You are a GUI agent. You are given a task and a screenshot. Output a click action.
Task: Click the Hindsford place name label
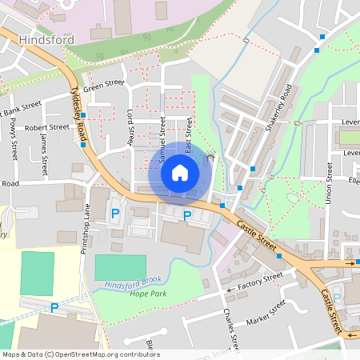(x=46, y=39)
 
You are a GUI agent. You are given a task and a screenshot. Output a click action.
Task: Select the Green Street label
(x=104, y=82)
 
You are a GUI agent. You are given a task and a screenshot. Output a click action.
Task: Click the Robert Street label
(x=47, y=126)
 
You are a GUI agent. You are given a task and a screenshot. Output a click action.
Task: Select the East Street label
(x=189, y=136)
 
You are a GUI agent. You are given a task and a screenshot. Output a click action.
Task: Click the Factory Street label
(x=261, y=277)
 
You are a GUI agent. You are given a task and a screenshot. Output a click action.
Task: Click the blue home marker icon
(x=180, y=172)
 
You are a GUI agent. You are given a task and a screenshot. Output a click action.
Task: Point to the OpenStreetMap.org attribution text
(x=80, y=354)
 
